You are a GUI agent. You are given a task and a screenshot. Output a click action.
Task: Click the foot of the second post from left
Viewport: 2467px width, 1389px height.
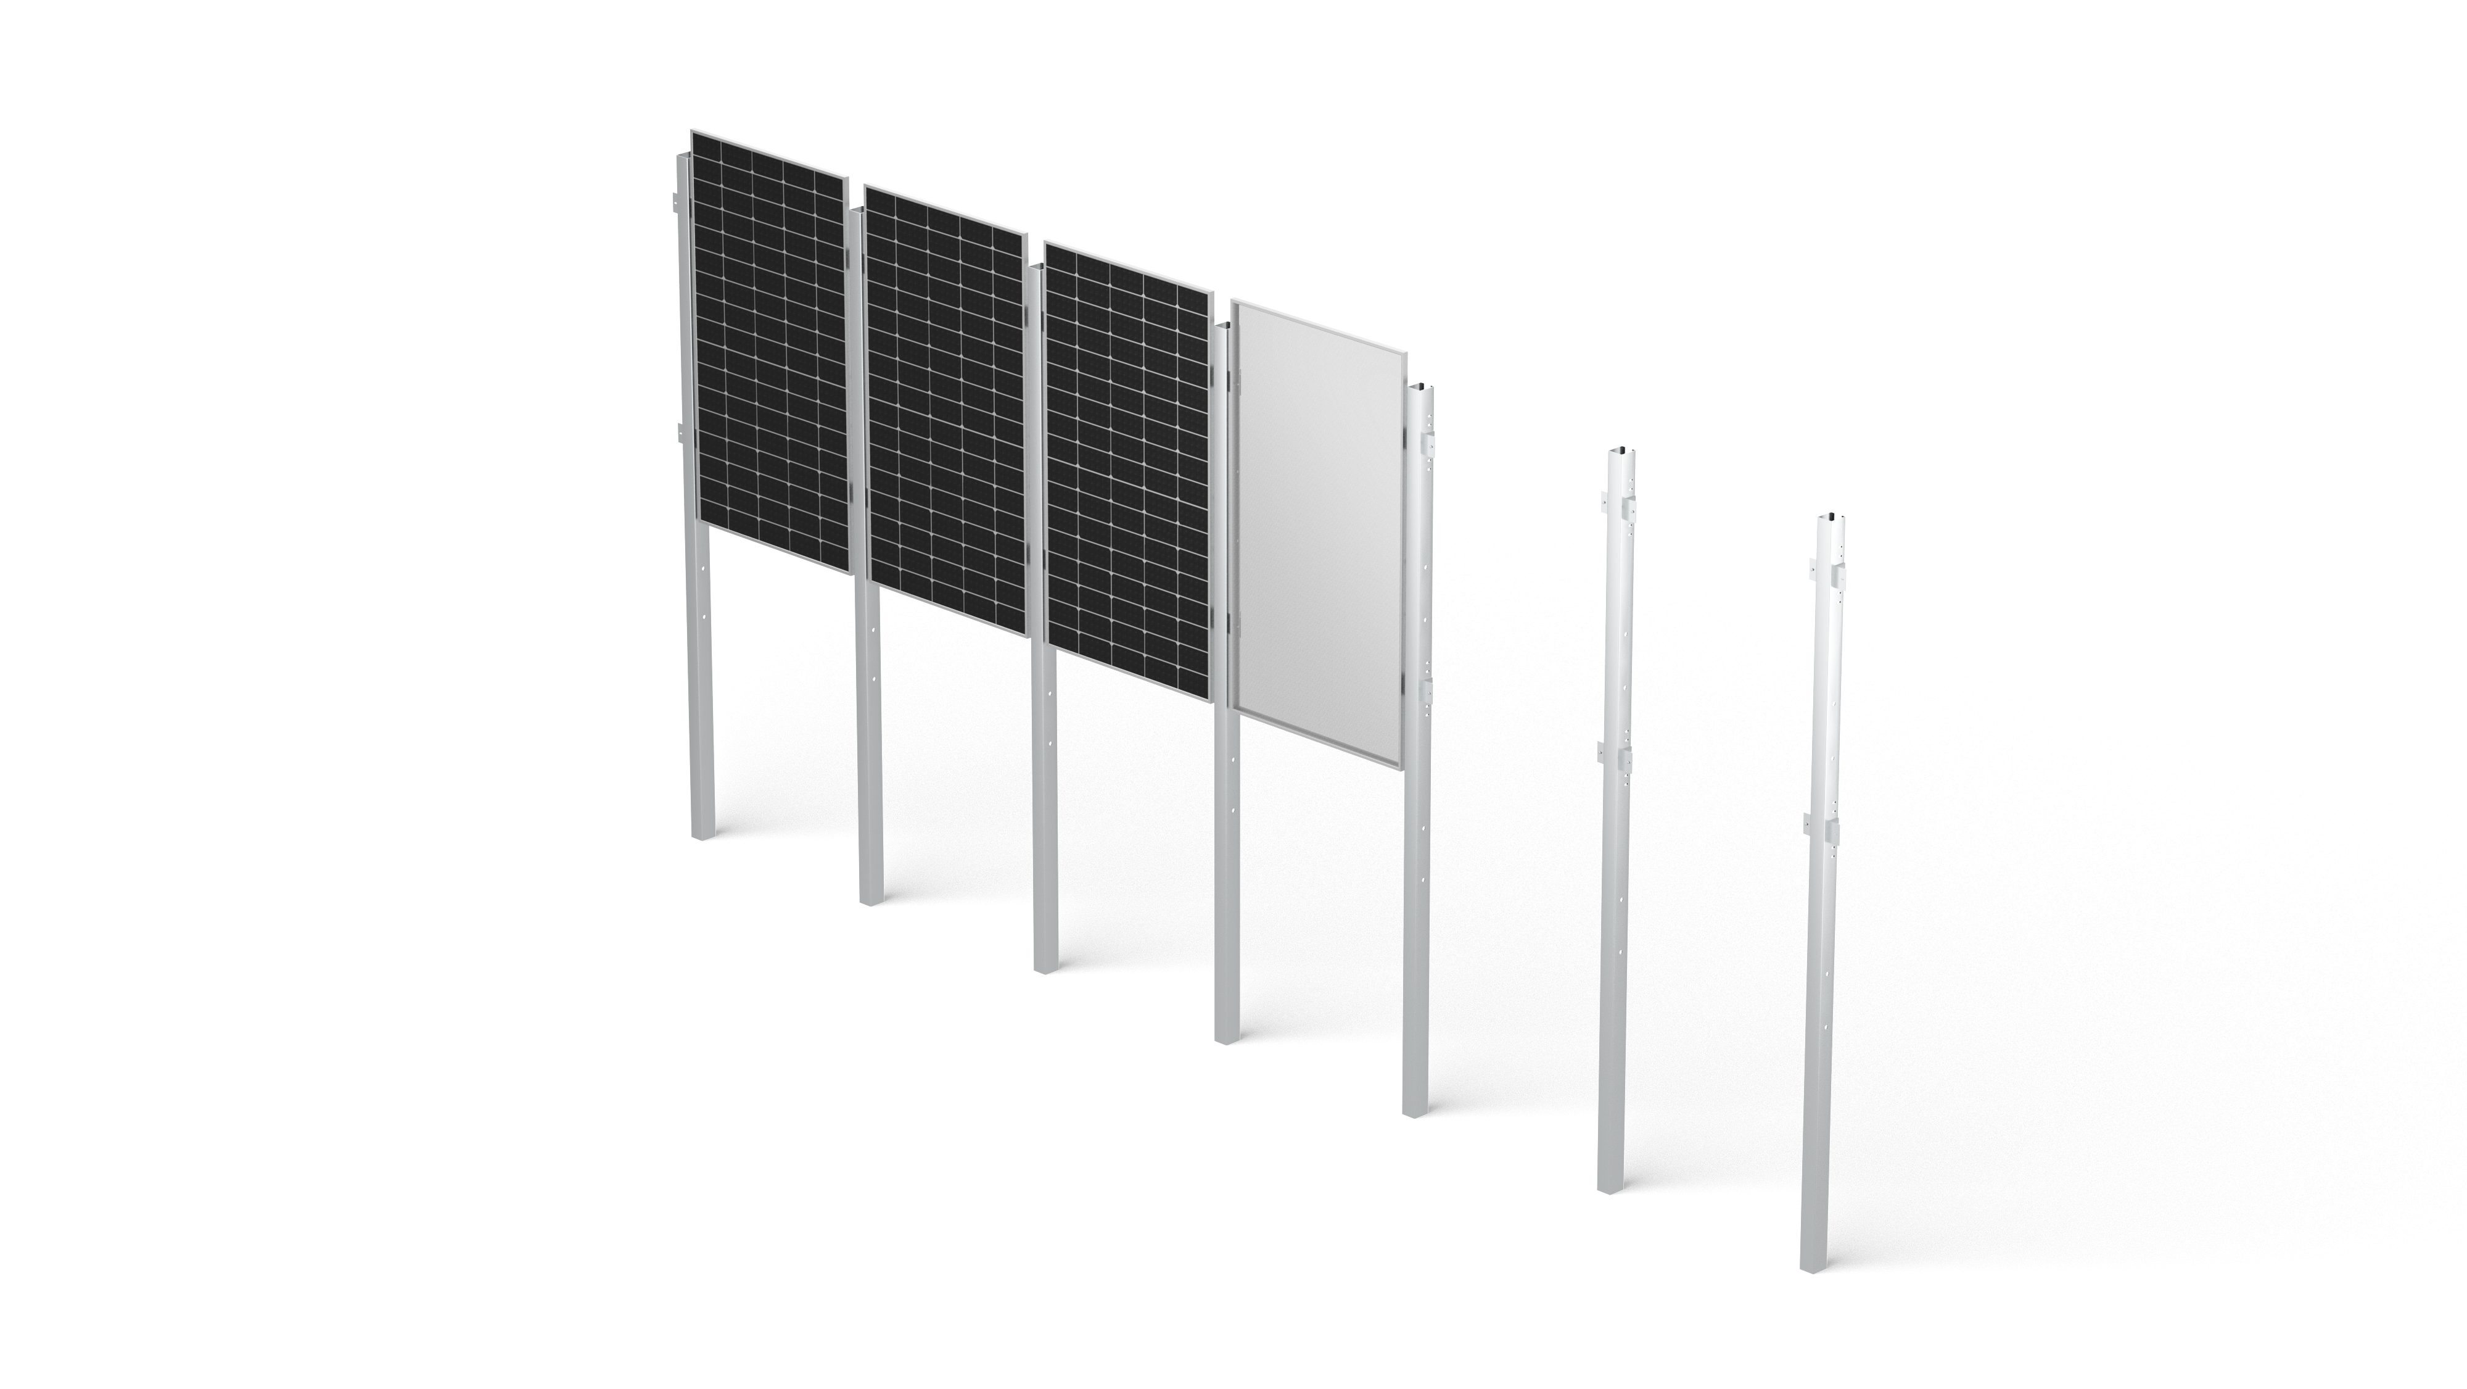tap(870, 898)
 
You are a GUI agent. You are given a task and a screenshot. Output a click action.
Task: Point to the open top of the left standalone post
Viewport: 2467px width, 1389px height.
tap(1620, 453)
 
